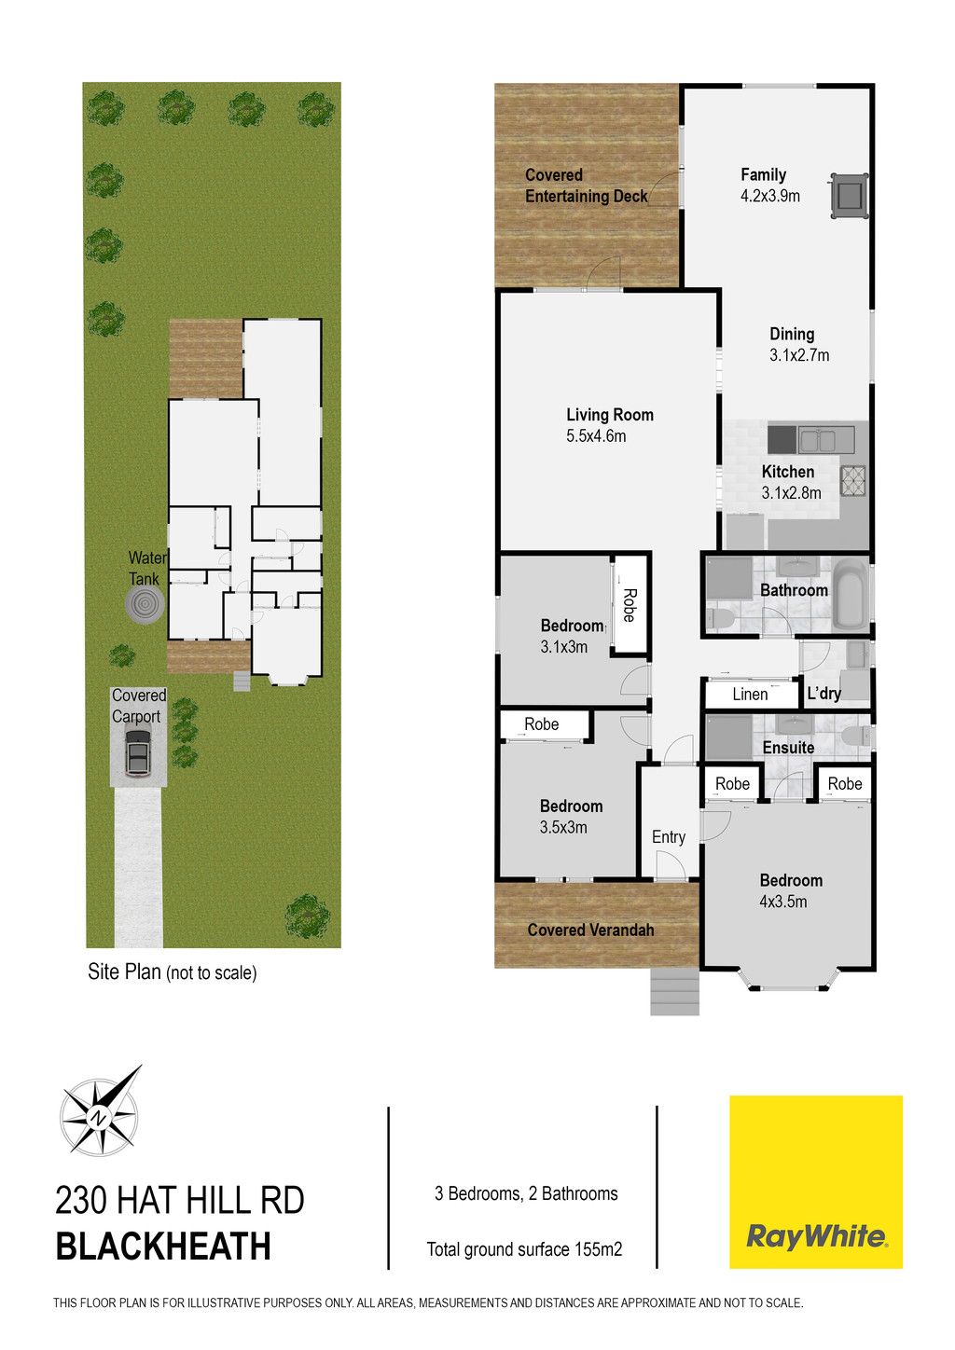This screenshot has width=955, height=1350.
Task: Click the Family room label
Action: click(763, 174)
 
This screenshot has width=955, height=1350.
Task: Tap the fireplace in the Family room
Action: click(850, 195)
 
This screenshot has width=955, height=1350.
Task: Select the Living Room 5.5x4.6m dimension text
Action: click(596, 436)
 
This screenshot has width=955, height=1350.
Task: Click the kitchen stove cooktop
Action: click(853, 481)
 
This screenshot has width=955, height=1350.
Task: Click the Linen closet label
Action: click(750, 695)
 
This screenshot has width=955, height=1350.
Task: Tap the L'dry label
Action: click(824, 694)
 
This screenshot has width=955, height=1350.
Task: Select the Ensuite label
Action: click(788, 748)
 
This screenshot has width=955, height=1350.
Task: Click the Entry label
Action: click(669, 837)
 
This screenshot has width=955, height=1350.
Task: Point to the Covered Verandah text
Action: click(590, 930)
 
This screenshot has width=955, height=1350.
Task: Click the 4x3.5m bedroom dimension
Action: click(782, 902)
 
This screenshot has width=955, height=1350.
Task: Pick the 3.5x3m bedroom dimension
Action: click(563, 828)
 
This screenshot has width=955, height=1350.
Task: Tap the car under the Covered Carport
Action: click(138, 752)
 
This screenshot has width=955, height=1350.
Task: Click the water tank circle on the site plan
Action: click(145, 604)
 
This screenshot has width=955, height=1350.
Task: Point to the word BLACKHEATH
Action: click(163, 1247)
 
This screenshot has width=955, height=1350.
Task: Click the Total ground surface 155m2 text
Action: click(524, 1249)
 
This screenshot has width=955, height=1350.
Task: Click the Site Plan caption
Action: click(173, 972)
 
